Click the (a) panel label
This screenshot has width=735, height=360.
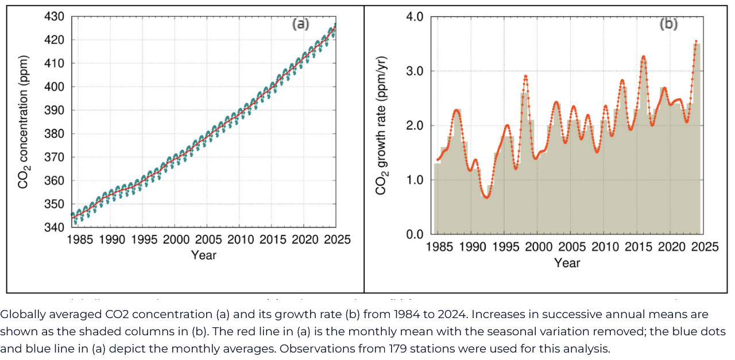pos(301,24)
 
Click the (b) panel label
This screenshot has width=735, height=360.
pos(668,24)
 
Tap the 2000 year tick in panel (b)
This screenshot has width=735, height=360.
pos(537,247)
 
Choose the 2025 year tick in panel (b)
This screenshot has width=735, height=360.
pos(704,247)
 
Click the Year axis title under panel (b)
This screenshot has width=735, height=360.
pos(567,263)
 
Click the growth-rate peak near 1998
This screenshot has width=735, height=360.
pos(525,76)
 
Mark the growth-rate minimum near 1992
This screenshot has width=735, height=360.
pos(486,197)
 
